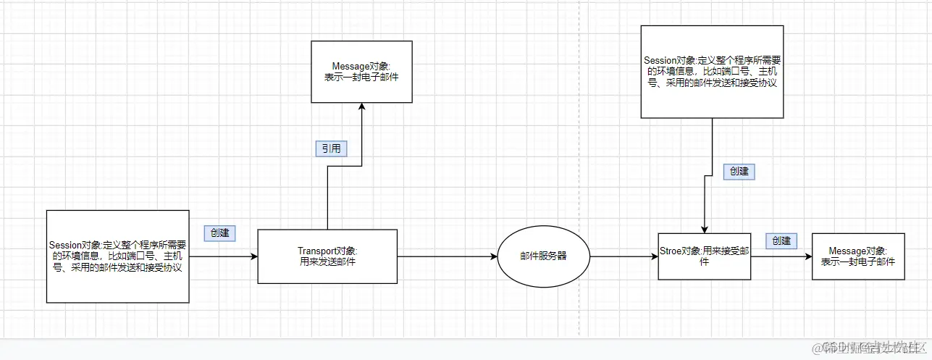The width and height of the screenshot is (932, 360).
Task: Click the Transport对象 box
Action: click(x=327, y=256)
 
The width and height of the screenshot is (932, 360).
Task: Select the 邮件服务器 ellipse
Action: click(x=544, y=256)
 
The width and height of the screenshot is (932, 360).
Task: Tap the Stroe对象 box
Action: click(x=705, y=256)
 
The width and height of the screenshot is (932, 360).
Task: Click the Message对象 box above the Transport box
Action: click(x=361, y=72)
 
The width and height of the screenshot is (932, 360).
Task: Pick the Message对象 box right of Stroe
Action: click(x=858, y=256)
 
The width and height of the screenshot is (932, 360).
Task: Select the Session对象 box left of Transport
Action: click(x=117, y=256)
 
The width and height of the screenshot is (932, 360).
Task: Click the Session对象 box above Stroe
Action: click(x=712, y=72)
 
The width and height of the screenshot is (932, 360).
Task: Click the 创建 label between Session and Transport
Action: click(x=220, y=233)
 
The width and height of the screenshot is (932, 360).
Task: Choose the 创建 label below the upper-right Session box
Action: click(x=739, y=172)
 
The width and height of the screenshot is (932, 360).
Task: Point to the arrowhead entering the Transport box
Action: click(x=254, y=256)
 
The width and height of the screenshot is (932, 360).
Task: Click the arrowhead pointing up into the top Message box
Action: click(x=361, y=106)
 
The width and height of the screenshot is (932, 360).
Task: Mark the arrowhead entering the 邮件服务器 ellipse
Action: click(x=494, y=256)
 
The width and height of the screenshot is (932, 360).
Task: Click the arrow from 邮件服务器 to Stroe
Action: click(x=623, y=256)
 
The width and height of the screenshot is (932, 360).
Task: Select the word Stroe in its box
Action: click(x=671, y=251)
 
